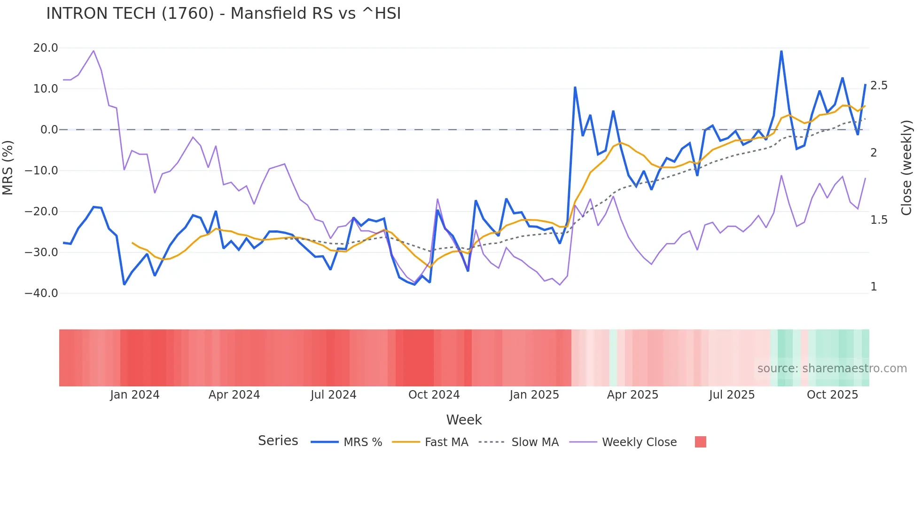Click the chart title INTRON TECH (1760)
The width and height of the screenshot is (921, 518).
(223, 14)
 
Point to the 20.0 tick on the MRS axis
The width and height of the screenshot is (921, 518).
(46, 48)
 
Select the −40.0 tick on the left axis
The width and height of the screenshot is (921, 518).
(41, 293)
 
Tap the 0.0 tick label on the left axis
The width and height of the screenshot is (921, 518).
(49, 130)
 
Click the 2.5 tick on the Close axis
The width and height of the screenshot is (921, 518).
(879, 86)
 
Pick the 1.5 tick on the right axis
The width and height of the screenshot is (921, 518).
(879, 220)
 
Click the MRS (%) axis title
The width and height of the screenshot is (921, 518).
(8, 168)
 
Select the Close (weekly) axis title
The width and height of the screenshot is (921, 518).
(906, 168)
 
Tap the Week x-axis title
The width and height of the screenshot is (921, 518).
(464, 420)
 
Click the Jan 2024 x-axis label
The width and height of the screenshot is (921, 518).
(135, 395)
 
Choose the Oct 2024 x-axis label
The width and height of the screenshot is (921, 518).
(434, 395)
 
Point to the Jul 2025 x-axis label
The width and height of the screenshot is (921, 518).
(732, 395)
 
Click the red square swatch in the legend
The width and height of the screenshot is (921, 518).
(700, 442)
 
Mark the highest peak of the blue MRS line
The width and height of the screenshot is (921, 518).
(781, 51)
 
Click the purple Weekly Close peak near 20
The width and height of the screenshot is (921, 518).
(94, 51)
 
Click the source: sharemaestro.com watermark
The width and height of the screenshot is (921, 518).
(832, 369)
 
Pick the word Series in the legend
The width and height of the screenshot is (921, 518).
(278, 441)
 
